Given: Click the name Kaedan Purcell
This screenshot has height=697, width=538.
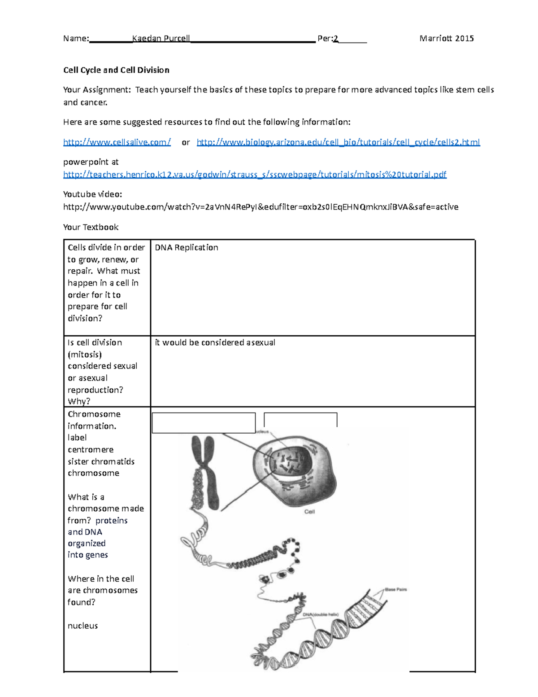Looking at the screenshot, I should pos(161,39).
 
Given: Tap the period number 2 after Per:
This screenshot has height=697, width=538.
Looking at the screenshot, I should pos(336,39).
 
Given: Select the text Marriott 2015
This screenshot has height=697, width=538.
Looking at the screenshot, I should pos(446,39).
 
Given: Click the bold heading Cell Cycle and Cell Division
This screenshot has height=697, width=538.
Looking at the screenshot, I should pos(116,70).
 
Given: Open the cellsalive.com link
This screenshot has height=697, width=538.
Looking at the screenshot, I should pos(117,142).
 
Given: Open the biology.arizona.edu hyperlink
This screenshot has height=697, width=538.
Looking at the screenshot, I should pos(338,142).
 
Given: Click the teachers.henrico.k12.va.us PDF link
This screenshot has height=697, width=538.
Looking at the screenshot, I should pos(255,175).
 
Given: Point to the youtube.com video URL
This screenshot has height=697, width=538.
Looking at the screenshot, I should pos(260,207).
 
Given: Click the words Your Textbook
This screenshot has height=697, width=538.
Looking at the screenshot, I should pos(91,227).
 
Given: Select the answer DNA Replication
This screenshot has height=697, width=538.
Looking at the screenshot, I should pos(187,248).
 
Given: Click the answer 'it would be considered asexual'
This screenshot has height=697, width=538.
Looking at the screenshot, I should pos(215,342).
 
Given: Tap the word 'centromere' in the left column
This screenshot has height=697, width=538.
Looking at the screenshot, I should pos(91,450).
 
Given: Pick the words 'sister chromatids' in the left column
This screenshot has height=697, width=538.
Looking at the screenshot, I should pos(101,461).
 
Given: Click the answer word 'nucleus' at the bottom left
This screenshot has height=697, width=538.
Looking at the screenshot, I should pos(82,626).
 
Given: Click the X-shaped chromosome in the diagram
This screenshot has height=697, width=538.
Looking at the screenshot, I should pos(207,471).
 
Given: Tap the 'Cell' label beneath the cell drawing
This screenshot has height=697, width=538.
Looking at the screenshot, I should pos(309,512).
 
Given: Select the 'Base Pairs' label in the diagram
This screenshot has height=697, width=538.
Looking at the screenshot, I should pos(395,589).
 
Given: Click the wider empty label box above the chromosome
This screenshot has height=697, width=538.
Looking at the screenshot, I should pos(204,423).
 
